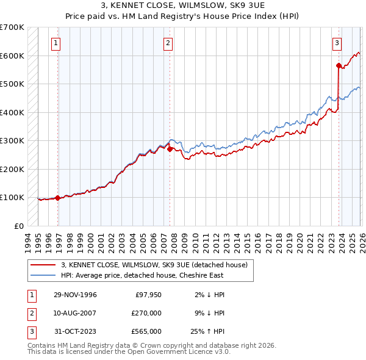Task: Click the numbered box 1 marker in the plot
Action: (56, 43)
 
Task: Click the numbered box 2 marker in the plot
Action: (168, 43)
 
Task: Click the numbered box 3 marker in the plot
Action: (337, 43)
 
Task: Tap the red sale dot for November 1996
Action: (57, 198)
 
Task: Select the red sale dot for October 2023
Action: (338, 65)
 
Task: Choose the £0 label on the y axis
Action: (18, 226)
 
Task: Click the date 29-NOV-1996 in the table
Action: (75, 295)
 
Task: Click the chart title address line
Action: (182, 5)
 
